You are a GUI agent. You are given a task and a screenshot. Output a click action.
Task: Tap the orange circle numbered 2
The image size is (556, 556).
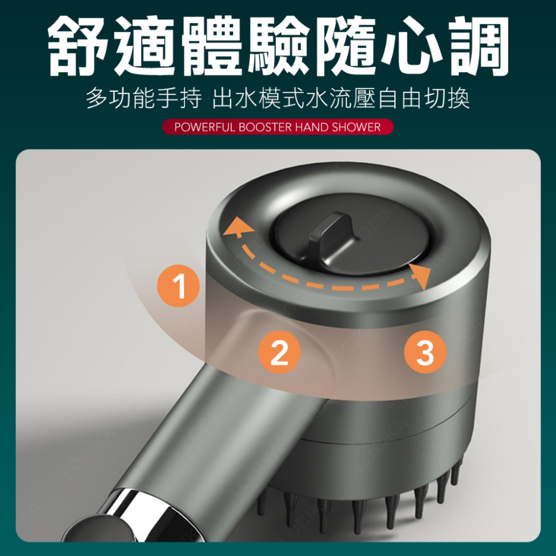coord(279,351)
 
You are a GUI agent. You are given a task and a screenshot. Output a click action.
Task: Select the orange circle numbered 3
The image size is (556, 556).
coord(425,351)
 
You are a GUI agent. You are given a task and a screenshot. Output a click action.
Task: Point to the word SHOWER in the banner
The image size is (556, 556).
coord(356,127)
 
